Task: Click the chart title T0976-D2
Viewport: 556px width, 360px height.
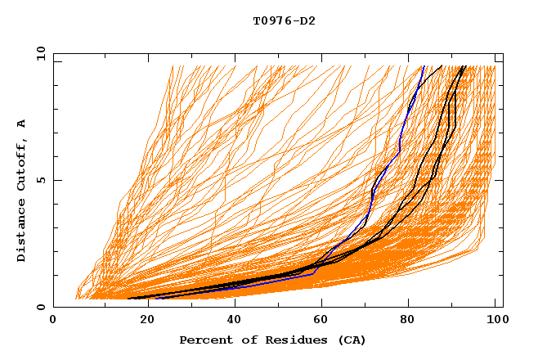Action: (x=284, y=20)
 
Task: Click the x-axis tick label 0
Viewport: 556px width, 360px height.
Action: (x=53, y=321)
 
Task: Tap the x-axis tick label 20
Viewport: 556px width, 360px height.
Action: (x=142, y=321)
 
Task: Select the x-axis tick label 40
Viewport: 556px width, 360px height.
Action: (x=231, y=321)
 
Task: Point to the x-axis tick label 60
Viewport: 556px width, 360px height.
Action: (x=320, y=321)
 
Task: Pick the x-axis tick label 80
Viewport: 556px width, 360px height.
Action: (x=408, y=321)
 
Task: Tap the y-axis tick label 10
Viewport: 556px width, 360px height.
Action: (x=40, y=52)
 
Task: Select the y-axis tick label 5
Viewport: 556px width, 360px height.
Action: (x=43, y=180)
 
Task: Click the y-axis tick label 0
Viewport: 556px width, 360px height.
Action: (x=43, y=307)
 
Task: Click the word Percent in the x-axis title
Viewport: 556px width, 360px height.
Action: (x=205, y=340)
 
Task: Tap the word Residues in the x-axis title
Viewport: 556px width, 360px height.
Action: (x=294, y=340)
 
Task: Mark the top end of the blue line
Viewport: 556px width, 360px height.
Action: (x=424, y=66)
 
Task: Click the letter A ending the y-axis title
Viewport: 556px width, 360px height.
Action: (x=22, y=123)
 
